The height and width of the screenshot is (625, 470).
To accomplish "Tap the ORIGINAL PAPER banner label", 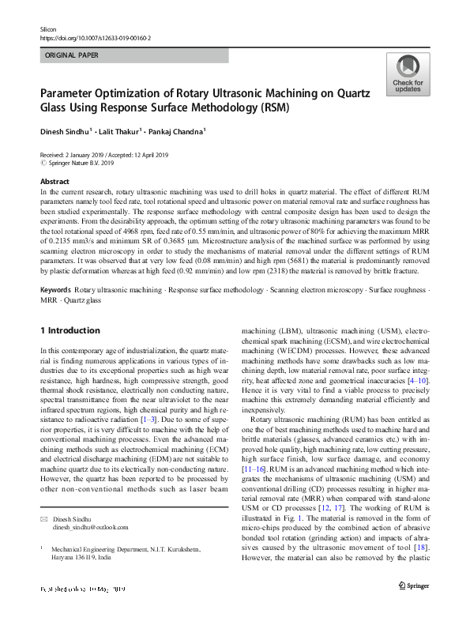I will point(72,56).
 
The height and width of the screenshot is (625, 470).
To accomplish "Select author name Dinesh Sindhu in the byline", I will point(66,131).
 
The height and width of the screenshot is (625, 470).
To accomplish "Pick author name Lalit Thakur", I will point(120,131).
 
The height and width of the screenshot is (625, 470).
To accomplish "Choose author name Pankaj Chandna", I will point(179,131).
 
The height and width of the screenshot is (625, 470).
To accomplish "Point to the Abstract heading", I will point(55,182).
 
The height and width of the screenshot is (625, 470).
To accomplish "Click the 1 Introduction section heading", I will point(70,330).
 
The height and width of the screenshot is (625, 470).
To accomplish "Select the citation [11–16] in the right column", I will point(255,469).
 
